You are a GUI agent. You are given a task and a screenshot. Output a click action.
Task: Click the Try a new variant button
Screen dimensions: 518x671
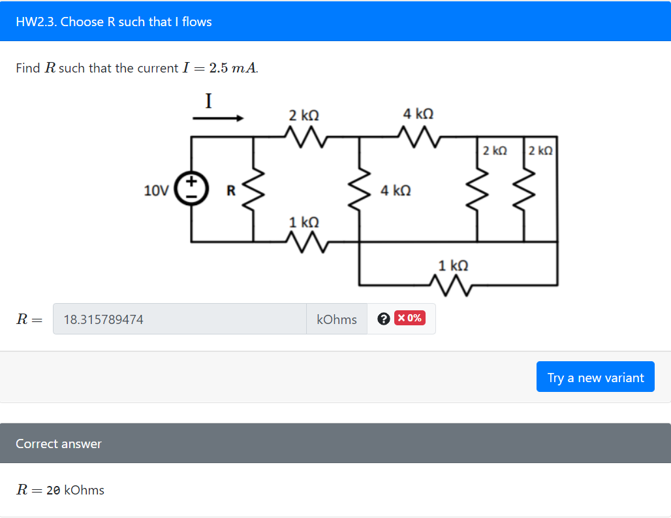pyautogui.click(x=595, y=377)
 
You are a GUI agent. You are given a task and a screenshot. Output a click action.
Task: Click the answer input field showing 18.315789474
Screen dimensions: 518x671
pyautogui.click(x=179, y=319)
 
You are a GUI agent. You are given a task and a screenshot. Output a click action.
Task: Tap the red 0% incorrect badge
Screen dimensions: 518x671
pyautogui.click(x=409, y=318)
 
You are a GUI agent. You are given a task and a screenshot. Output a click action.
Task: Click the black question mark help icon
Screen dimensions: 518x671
pyautogui.click(x=384, y=319)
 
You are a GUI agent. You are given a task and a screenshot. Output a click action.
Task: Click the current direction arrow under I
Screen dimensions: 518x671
pyautogui.click(x=218, y=119)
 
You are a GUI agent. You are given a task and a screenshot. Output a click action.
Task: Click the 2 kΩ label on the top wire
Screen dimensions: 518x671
pyautogui.click(x=304, y=115)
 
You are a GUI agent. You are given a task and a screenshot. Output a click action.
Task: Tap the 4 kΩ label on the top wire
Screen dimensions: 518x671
pyautogui.click(x=418, y=114)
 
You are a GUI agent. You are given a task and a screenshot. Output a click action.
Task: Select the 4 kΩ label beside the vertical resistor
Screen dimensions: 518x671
pyautogui.click(x=396, y=191)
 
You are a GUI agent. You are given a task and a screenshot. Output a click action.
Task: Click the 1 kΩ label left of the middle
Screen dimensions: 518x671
pyautogui.click(x=304, y=222)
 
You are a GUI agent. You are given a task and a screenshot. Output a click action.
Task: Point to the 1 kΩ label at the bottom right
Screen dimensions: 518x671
pyautogui.click(x=453, y=265)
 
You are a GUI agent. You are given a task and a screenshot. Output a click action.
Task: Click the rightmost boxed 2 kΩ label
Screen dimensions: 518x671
pyautogui.click(x=540, y=150)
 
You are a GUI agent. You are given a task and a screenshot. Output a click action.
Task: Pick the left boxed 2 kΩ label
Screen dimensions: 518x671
pyautogui.click(x=495, y=150)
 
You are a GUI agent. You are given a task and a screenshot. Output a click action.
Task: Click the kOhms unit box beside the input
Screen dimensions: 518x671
pyautogui.click(x=336, y=319)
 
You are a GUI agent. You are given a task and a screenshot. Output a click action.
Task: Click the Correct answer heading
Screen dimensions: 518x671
pyautogui.click(x=59, y=444)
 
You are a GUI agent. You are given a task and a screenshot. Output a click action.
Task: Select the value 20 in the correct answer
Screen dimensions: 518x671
pyautogui.click(x=54, y=490)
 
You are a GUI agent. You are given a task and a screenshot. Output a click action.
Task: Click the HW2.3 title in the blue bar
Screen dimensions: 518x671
pyautogui.click(x=114, y=22)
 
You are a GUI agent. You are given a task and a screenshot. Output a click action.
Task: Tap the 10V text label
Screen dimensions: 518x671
pyautogui.click(x=156, y=191)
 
